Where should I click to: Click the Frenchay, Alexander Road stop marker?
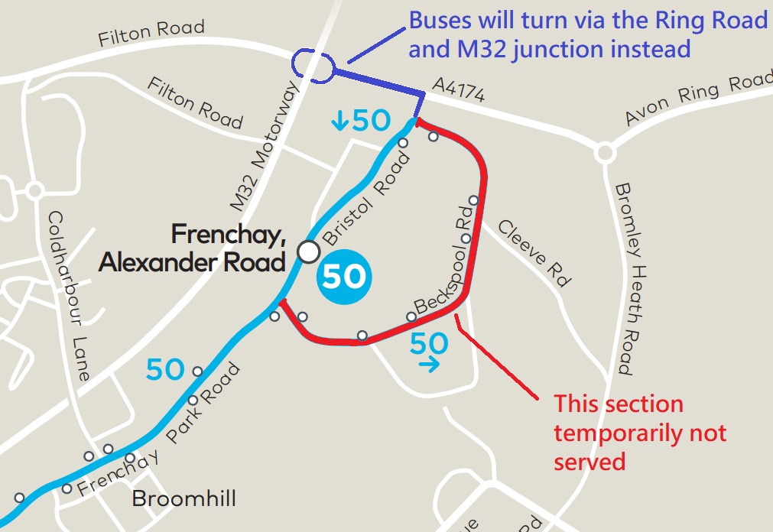coord(308,251)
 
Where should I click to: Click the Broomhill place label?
coord(184,499)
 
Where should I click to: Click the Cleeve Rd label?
coord(535,253)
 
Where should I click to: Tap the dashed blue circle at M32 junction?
coord(313,66)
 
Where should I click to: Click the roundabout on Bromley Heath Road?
coord(605,152)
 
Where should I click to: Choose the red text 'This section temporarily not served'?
coord(640,433)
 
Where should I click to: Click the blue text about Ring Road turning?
coord(587,35)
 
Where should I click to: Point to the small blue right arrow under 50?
coord(430,365)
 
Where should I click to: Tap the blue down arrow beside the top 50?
coord(339,120)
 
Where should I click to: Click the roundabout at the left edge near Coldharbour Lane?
coord(34,190)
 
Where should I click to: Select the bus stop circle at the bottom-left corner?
coord(19,498)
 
